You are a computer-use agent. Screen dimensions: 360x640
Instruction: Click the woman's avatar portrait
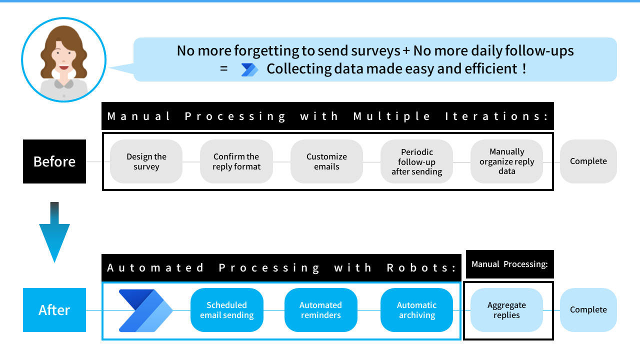[x=64, y=60]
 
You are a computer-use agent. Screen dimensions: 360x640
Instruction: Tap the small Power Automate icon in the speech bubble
[x=249, y=69]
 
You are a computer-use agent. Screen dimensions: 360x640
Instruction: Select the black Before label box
[x=54, y=161]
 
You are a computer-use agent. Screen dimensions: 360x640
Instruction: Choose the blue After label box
[x=54, y=310]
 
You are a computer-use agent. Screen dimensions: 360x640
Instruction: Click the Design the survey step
[x=146, y=161]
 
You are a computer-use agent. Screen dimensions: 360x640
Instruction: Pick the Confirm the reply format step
[x=236, y=161]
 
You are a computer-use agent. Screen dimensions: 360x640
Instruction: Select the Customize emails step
[x=326, y=161]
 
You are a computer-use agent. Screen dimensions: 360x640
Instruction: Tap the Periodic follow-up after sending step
[x=416, y=161]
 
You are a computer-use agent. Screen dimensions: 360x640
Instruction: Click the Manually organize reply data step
[x=506, y=161]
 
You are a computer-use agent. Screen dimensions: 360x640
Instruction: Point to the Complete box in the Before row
[x=588, y=161]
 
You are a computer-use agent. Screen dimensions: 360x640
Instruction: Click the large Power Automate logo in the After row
[x=145, y=310]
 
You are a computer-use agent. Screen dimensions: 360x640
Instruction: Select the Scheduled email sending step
[x=227, y=310]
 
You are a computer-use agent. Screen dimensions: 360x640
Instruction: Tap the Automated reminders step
[x=320, y=310]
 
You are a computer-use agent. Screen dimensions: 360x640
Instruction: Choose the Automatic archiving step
[x=416, y=310]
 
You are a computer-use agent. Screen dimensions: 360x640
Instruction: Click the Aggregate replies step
[x=506, y=310]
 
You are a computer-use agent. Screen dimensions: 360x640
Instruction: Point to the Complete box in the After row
[x=588, y=310]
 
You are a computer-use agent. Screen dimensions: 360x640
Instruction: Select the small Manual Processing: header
[x=509, y=264]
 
